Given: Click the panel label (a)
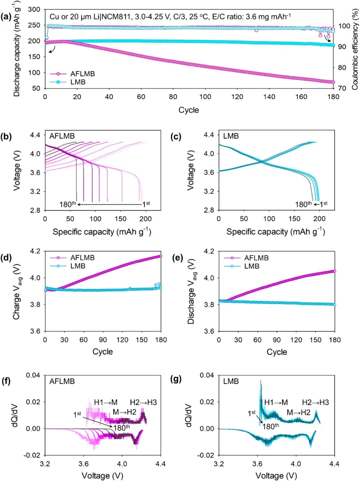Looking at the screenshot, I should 6,17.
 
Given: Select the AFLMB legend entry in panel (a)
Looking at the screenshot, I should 82,74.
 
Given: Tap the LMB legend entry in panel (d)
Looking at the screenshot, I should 78,266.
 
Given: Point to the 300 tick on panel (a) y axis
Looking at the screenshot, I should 34,9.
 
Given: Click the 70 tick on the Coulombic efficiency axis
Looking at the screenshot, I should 342,88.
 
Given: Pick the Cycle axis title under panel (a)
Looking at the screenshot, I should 189,110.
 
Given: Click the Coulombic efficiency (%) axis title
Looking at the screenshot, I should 355,49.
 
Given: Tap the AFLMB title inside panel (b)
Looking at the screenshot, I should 62,136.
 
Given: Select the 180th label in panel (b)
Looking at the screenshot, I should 67,204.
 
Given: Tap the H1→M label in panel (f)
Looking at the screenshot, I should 106,402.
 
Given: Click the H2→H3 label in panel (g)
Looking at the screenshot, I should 315,402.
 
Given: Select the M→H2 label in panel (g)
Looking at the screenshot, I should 298,412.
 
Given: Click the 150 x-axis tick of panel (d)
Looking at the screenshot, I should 141,340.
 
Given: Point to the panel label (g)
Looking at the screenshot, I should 176,379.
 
